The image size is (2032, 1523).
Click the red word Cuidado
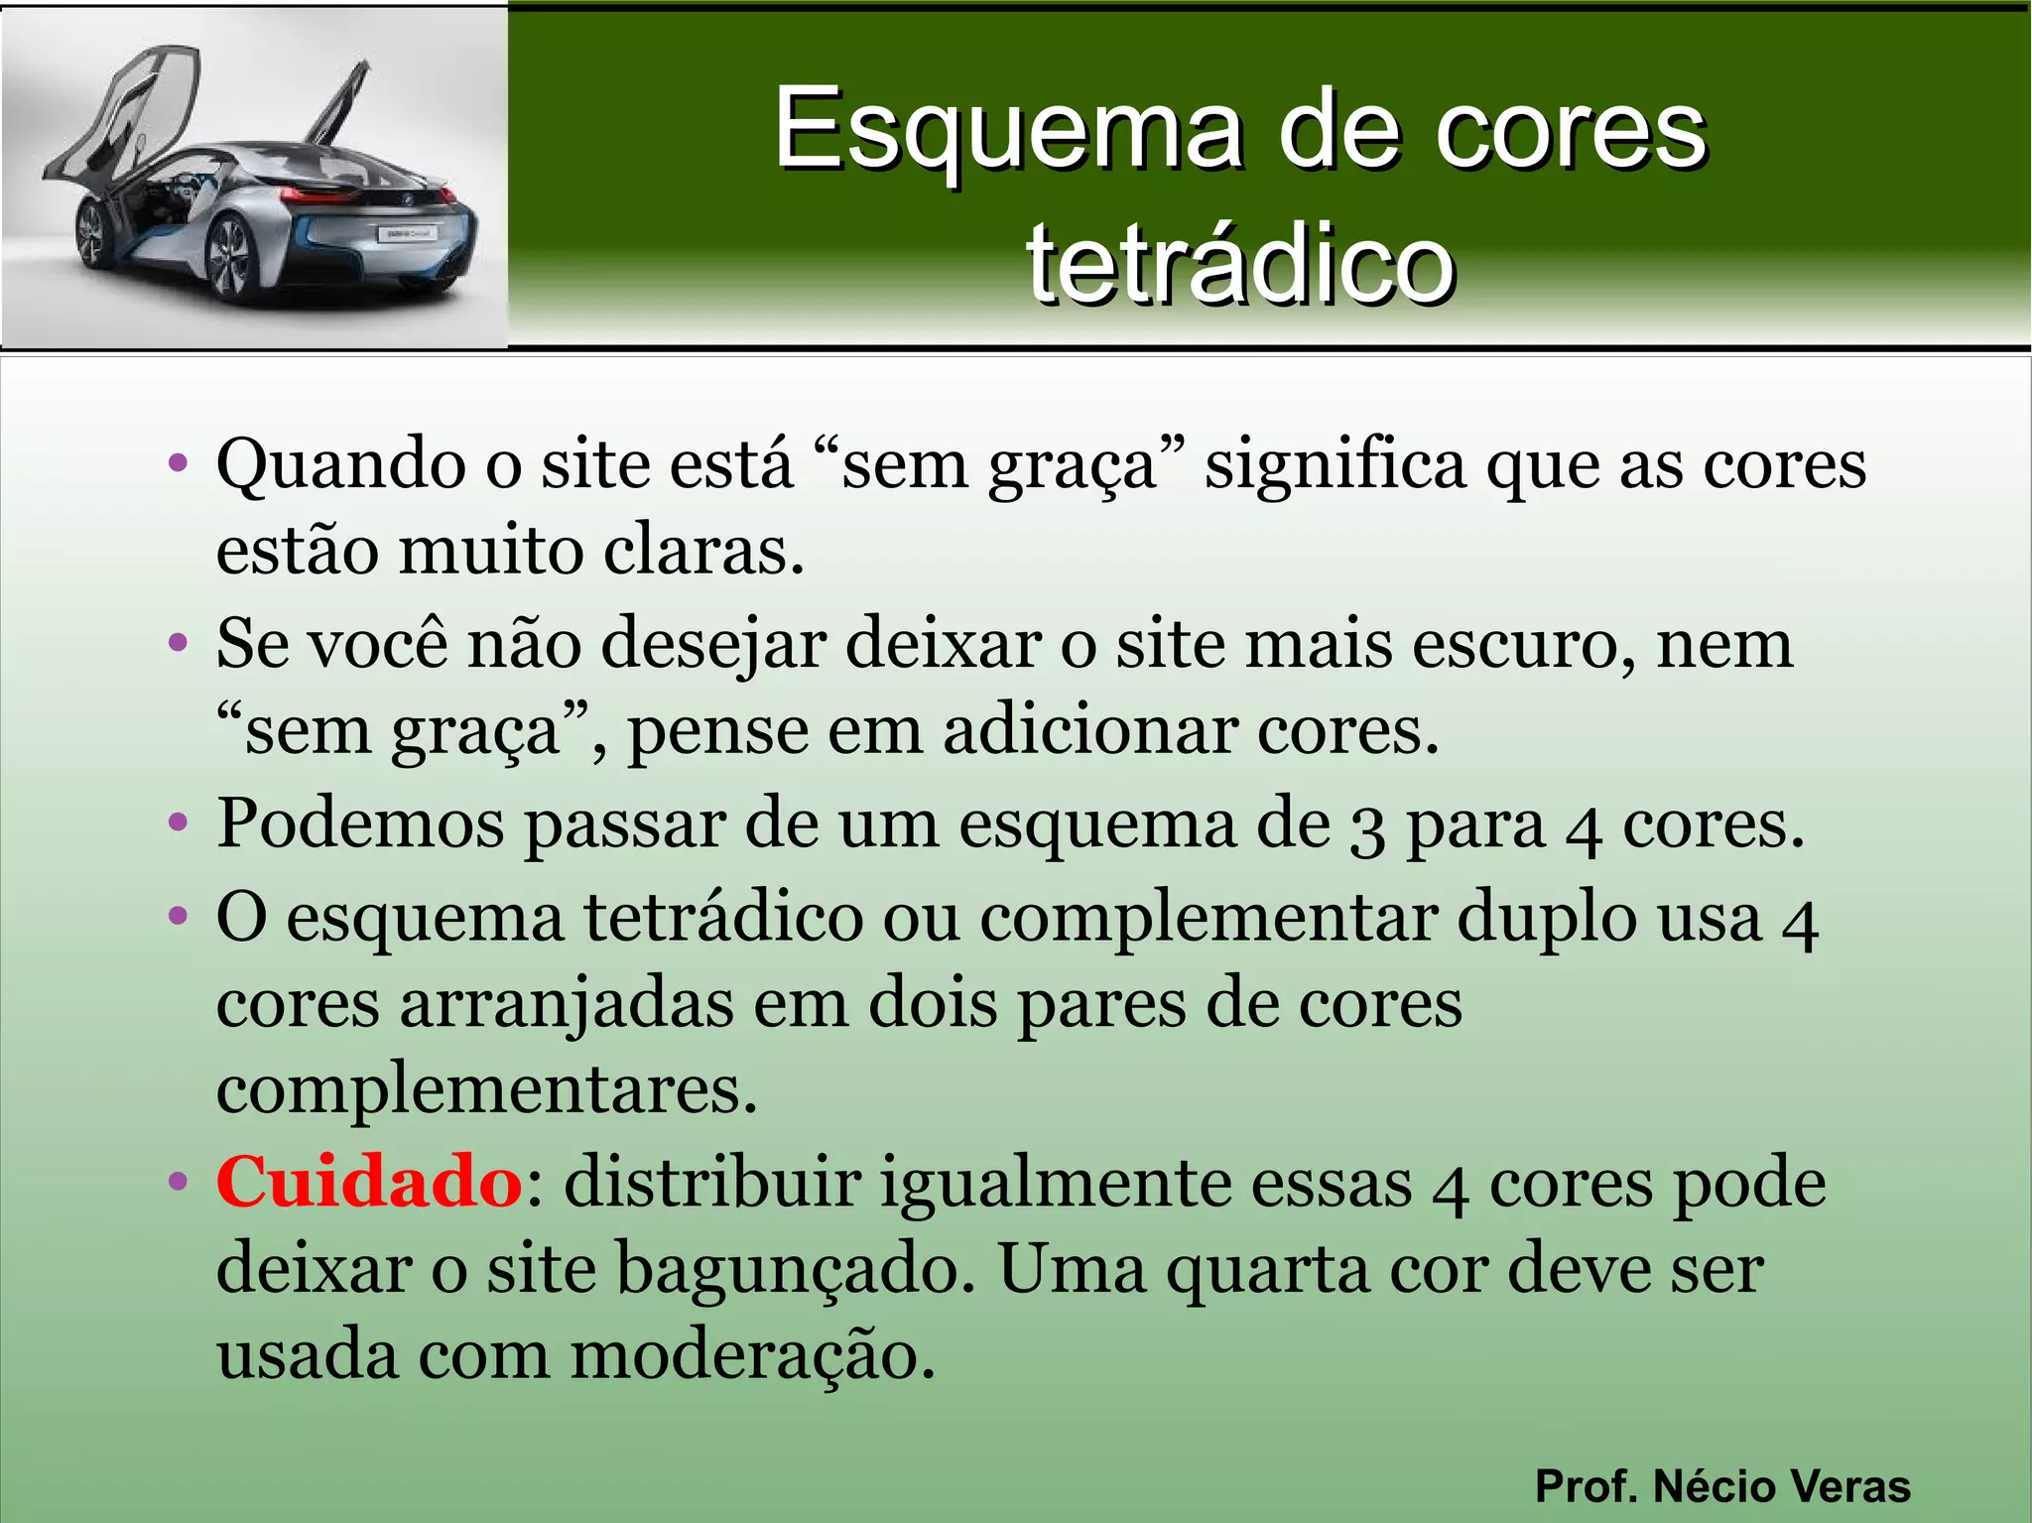369,1183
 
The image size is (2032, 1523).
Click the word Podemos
360,825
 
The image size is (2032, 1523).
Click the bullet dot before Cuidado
179,1182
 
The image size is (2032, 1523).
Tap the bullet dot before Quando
179,462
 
